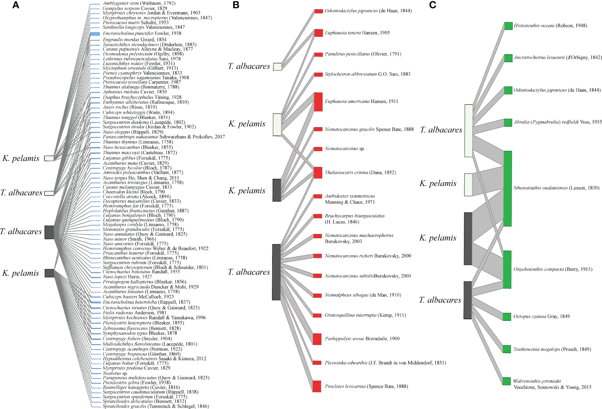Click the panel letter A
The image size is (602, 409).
click(x=16, y=5)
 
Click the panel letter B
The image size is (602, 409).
click(x=236, y=5)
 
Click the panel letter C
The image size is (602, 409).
click(x=433, y=5)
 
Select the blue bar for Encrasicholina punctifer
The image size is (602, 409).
click(x=95, y=34)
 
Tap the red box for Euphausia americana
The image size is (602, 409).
click(x=318, y=102)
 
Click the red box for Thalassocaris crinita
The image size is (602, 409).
click(x=318, y=172)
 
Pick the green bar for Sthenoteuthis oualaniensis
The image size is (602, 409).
click(x=507, y=188)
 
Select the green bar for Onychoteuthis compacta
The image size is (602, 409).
click(x=507, y=269)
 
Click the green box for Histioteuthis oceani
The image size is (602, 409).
click(x=508, y=26)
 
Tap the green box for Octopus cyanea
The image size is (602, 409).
click(x=507, y=317)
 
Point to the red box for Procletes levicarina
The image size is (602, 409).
click(x=317, y=386)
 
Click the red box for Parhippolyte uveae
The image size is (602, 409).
click(x=317, y=339)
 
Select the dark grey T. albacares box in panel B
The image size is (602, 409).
click(x=276, y=272)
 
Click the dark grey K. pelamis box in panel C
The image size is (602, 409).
click(x=468, y=238)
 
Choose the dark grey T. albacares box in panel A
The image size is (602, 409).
click(x=49, y=232)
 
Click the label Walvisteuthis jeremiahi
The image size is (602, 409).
click(x=537, y=381)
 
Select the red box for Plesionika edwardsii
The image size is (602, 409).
click(x=317, y=363)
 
